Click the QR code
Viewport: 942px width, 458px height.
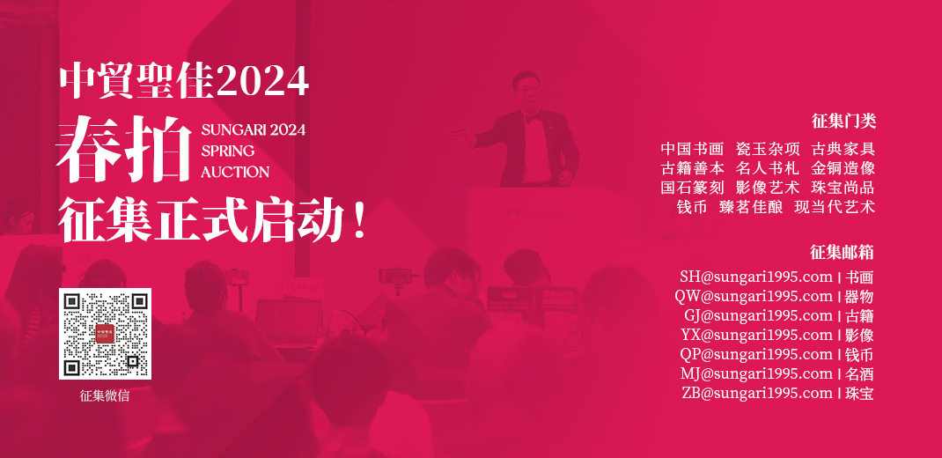coord(105,334)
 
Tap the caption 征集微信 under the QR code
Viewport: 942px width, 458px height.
coord(105,396)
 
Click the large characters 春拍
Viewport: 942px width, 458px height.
coord(124,149)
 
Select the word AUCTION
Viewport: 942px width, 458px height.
coord(235,172)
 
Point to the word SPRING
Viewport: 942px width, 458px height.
coord(228,151)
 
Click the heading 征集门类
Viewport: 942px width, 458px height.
coord(843,122)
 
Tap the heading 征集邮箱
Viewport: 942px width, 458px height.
coord(842,253)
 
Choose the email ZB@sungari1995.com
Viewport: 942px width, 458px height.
coord(757,393)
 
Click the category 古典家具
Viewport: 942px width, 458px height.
coord(843,149)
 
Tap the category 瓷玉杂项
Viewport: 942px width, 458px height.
coord(768,149)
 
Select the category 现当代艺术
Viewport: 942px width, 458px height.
coord(835,207)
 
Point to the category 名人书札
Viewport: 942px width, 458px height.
coord(768,168)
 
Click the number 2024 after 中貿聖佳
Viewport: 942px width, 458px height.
coord(262,82)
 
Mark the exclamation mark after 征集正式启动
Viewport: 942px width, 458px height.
coord(359,221)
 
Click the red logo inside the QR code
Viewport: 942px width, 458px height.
coord(105,334)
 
